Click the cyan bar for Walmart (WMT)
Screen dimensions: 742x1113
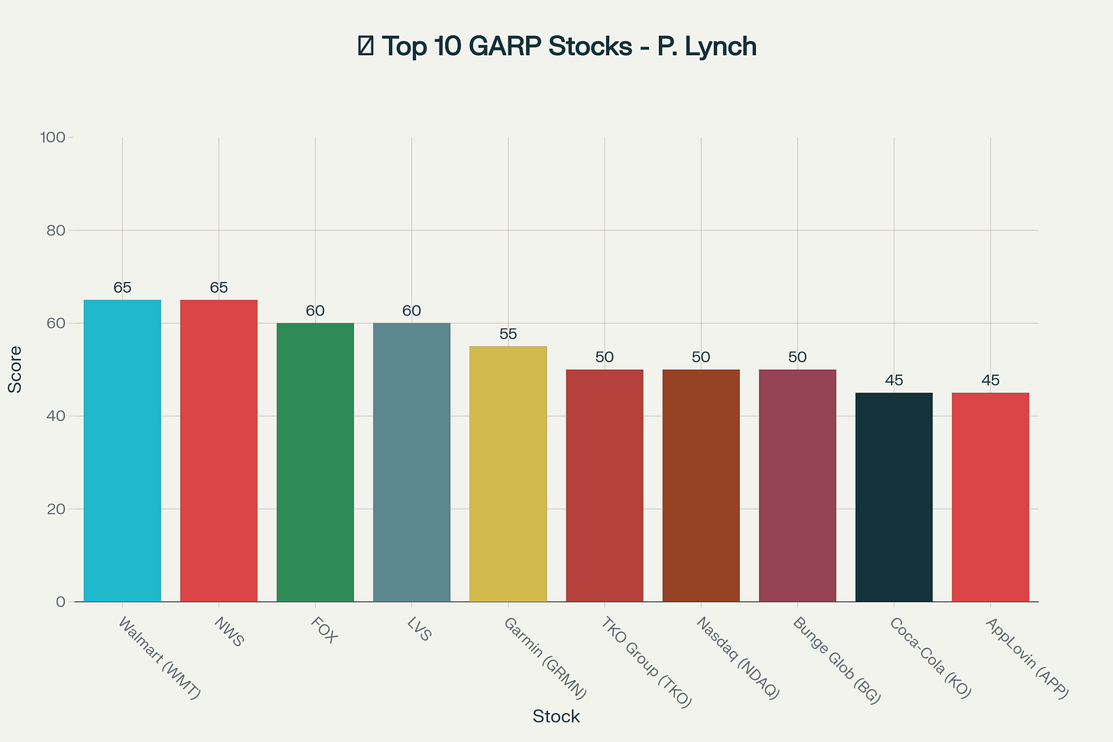(x=122, y=451)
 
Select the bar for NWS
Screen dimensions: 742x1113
(x=219, y=451)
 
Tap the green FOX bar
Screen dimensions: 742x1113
(x=315, y=462)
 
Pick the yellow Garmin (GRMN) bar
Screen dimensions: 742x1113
(x=508, y=474)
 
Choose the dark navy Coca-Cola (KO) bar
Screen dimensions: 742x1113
(x=894, y=497)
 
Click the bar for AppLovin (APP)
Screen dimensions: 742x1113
(x=990, y=497)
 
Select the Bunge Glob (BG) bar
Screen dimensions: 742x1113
(x=797, y=485)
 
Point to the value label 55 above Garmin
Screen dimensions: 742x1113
(x=508, y=335)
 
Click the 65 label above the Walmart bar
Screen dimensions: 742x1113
(x=122, y=288)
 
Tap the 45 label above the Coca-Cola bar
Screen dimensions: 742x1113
(x=894, y=381)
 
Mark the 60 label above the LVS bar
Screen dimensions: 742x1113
(x=412, y=311)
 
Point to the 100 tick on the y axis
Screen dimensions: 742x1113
(x=54, y=138)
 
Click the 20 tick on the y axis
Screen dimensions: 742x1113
(x=57, y=509)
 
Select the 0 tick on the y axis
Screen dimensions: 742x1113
(x=60, y=602)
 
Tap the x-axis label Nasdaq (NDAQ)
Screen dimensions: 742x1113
(x=738, y=658)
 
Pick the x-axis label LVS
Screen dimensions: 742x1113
(x=420, y=630)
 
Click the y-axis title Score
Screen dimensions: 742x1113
(x=15, y=370)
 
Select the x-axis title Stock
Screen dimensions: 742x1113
(x=556, y=717)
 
